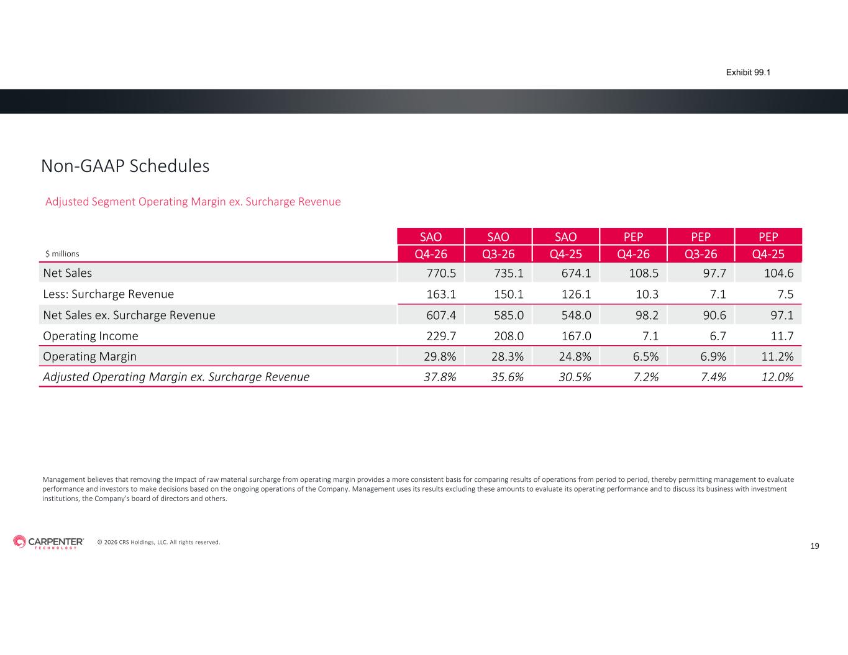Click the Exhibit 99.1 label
tap(748, 73)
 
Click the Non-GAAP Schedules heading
tap(125, 166)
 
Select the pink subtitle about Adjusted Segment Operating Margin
tap(193, 202)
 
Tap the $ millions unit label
tap(62, 254)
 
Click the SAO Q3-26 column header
tap(498, 245)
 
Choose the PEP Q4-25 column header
tap(768, 245)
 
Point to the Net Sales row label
tap(68, 273)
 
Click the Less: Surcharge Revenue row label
tap(109, 294)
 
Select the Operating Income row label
tap(91, 336)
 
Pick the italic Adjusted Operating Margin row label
tap(176, 377)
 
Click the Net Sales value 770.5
tap(441, 273)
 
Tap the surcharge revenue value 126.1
tap(576, 294)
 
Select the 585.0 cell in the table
tap(508, 315)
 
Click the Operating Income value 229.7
tap(441, 336)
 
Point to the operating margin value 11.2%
tap(777, 356)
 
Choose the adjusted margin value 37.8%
tap(440, 377)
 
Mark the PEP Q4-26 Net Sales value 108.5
tap(644, 273)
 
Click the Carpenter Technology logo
tap(48, 542)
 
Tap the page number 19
tap(814, 546)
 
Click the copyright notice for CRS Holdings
tap(158, 543)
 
